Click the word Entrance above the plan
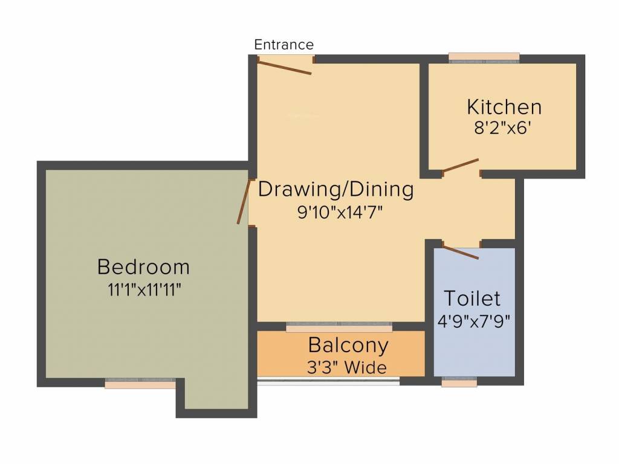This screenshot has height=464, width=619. [x=284, y=45]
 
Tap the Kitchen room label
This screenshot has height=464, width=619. [x=504, y=107]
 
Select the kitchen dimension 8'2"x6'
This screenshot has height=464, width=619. [x=504, y=127]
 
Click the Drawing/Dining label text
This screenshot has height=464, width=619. [x=336, y=190]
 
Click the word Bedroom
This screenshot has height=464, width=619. [x=143, y=266]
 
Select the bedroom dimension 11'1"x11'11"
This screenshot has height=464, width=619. [x=144, y=289]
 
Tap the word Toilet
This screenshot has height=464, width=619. [x=472, y=298]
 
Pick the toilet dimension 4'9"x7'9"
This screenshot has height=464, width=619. [x=474, y=320]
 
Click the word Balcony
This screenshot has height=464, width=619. [x=348, y=346]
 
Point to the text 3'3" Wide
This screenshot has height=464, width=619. [x=347, y=367]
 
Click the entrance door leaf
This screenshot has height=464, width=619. [x=285, y=66]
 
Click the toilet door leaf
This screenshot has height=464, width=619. [x=461, y=251]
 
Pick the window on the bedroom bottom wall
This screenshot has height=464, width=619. [x=140, y=384]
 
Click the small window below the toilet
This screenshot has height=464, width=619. [x=459, y=382]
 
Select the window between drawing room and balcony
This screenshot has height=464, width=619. [x=339, y=327]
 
